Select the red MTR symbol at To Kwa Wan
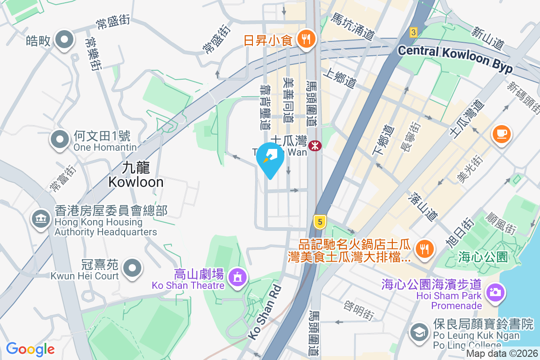pos(315,145)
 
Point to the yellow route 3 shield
pos(414,32)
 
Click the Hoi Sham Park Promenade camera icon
pos(495,292)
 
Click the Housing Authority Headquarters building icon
pos(40,219)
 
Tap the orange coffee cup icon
pos(502,134)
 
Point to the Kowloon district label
pos(135,175)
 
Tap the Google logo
pos(30,349)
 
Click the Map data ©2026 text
pos(502,354)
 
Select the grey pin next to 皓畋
pos(64,40)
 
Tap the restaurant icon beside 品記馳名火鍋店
pos(424,249)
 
